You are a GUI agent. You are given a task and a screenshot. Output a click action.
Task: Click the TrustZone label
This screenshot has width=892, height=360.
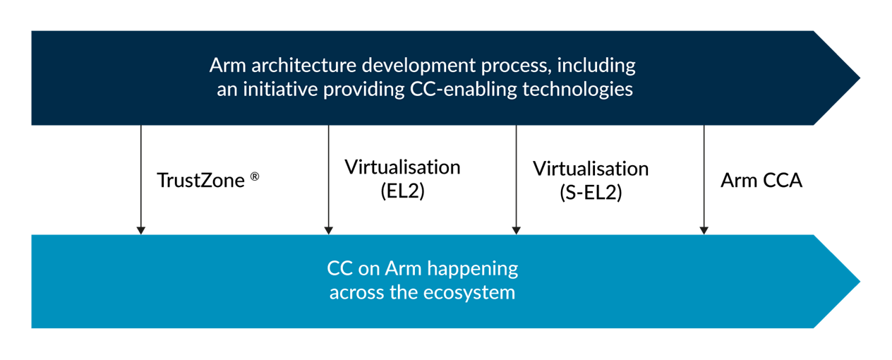pos(200,181)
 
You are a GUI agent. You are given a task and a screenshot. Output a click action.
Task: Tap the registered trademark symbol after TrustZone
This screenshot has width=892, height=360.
pos(255,176)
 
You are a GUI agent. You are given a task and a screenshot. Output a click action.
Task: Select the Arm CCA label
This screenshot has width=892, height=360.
pos(761,181)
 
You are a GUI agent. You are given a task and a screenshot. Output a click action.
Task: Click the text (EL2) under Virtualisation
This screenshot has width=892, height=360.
pos(402,191)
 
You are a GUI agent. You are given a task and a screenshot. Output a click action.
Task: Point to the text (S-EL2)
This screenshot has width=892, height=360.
pos(591,193)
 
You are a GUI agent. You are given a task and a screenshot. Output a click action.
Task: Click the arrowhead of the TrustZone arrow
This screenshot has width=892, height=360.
pos(141,231)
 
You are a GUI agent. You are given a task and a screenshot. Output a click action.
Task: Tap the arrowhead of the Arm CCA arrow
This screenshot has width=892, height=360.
pos(704,231)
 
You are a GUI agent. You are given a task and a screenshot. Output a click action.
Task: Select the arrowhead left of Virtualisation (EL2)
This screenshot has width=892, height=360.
pos(329,231)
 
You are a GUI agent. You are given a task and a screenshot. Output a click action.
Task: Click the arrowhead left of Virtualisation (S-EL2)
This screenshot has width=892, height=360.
pos(517,231)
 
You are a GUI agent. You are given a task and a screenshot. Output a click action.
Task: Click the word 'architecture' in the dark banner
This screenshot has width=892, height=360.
pos(304,66)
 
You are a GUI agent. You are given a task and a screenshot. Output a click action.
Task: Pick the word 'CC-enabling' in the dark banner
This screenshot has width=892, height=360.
pos(464,89)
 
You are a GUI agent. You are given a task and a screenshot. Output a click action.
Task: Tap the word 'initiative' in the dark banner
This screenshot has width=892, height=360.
pos(280,89)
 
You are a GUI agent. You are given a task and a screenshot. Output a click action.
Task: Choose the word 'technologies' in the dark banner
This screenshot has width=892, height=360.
pos(578,89)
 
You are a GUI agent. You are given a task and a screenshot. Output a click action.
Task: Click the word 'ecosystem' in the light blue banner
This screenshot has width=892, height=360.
pos(469,293)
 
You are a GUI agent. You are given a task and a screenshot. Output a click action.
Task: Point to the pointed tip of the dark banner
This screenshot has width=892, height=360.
pos(860,78)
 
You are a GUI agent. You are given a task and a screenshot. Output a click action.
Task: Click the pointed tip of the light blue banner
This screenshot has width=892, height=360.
pos(860,282)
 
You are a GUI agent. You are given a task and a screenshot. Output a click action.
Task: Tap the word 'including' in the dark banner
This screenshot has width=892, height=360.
pos(596,66)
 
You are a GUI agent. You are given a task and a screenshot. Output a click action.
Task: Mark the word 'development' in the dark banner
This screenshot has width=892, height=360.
pos(418,66)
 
